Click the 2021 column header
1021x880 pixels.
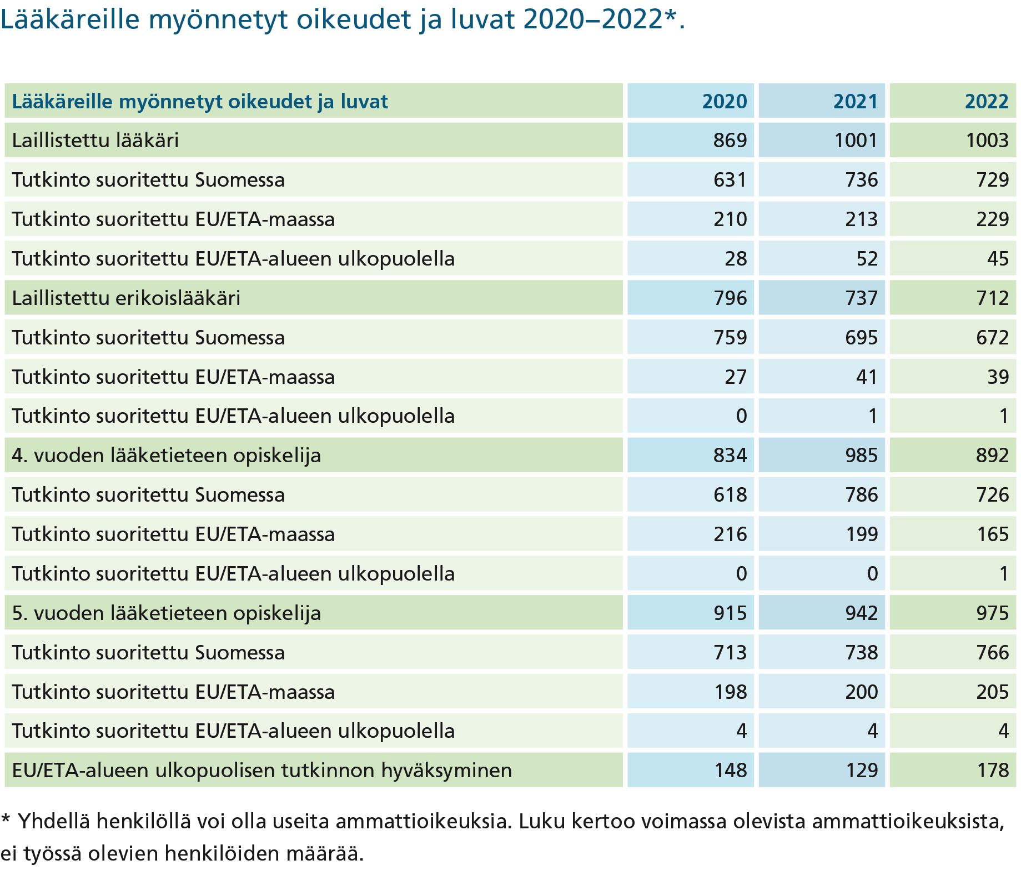(x=855, y=101)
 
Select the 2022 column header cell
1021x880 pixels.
(x=953, y=101)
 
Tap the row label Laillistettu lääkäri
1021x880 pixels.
(x=95, y=140)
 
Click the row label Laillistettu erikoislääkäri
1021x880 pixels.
(x=126, y=298)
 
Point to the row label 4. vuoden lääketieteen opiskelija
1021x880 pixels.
(x=167, y=456)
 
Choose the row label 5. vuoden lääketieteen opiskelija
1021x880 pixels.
(x=167, y=613)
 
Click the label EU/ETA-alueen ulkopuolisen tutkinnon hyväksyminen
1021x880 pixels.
(x=262, y=771)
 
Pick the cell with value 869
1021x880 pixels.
(x=730, y=140)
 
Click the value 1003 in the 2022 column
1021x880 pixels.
(x=987, y=140)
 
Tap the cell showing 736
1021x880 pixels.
(x=861, y=179)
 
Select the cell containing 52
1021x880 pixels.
(x=867, y=258)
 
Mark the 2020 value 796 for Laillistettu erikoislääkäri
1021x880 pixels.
(x=730, y=298)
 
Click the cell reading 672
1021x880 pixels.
(x=992, y=337)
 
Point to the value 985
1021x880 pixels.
(x=861, y=456)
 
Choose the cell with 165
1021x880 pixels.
(x=992, y=534)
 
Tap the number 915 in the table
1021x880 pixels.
(x=730, y=613)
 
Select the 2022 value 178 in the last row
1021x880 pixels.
(x=992, y=771)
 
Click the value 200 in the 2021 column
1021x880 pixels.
(x=861, y=692)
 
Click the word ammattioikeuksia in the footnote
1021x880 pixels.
(x=423, y=821)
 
